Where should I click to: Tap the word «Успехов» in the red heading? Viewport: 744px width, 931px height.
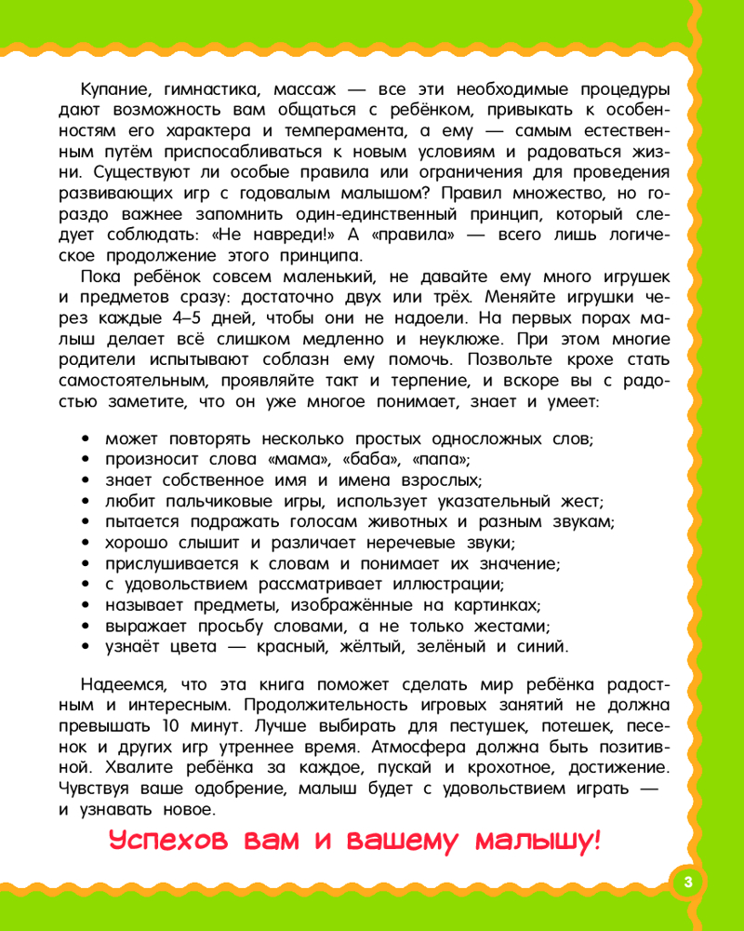(x=167, y=843)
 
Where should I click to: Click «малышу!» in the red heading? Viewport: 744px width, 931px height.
(x=538, y=843)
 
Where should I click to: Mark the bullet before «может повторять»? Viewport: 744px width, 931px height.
(x=86, y=439)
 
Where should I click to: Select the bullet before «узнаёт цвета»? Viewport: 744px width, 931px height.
(x=86, y=646)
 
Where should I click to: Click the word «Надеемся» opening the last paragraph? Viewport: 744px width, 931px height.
(x=124, y=685)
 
